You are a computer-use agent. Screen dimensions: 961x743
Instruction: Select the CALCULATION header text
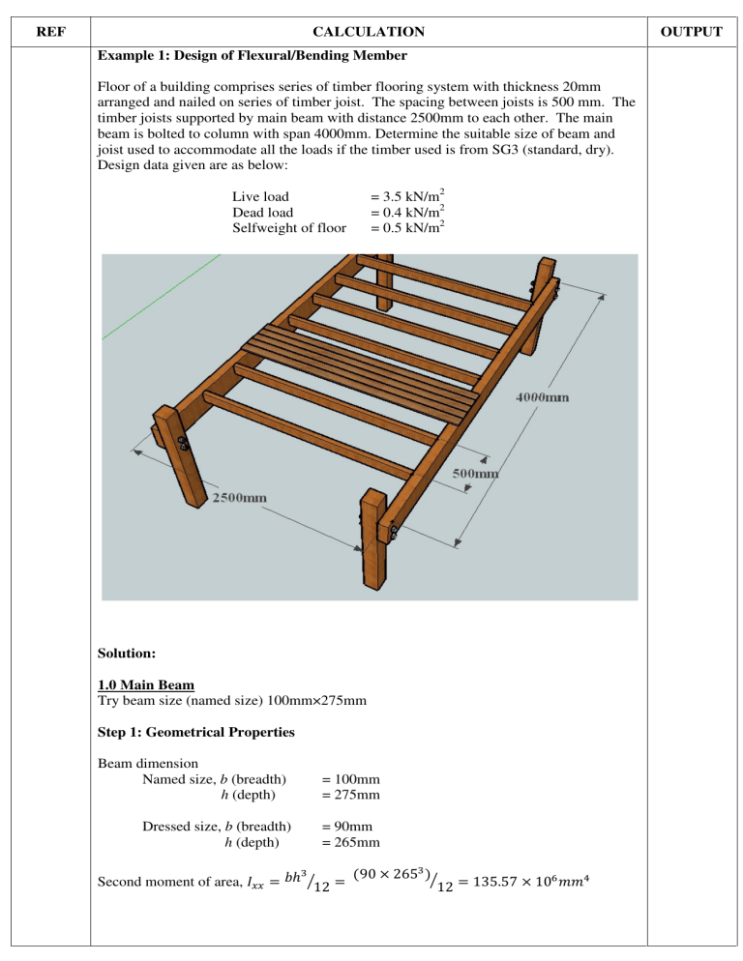(369, 32)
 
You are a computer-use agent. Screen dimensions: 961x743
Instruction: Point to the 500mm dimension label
(476, 473)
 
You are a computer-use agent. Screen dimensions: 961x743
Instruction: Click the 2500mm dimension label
(241, 498)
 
